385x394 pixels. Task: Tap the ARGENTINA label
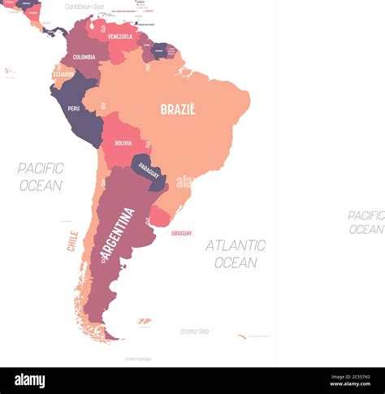(118, 234)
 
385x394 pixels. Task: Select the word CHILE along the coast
(72, 241)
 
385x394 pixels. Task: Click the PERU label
(73, 108)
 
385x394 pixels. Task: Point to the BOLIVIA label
(123, 143)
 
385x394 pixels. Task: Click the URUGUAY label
(182, 233)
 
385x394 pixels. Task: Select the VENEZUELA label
(119, 37)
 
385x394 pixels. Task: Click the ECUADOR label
(64, 74)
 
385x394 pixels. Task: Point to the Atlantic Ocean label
(236, 253)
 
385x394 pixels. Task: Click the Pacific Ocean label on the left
(41, 176)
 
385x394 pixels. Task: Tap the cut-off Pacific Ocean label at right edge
(366, 222)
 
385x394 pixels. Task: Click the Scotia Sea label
(194, 331)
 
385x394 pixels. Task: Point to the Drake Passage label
(137, 358)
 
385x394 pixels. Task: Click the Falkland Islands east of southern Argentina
(144, 322)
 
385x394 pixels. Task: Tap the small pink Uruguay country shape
(161, 217)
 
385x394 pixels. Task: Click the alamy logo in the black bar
(29, 380)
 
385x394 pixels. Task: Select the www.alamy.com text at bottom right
(352, 387)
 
